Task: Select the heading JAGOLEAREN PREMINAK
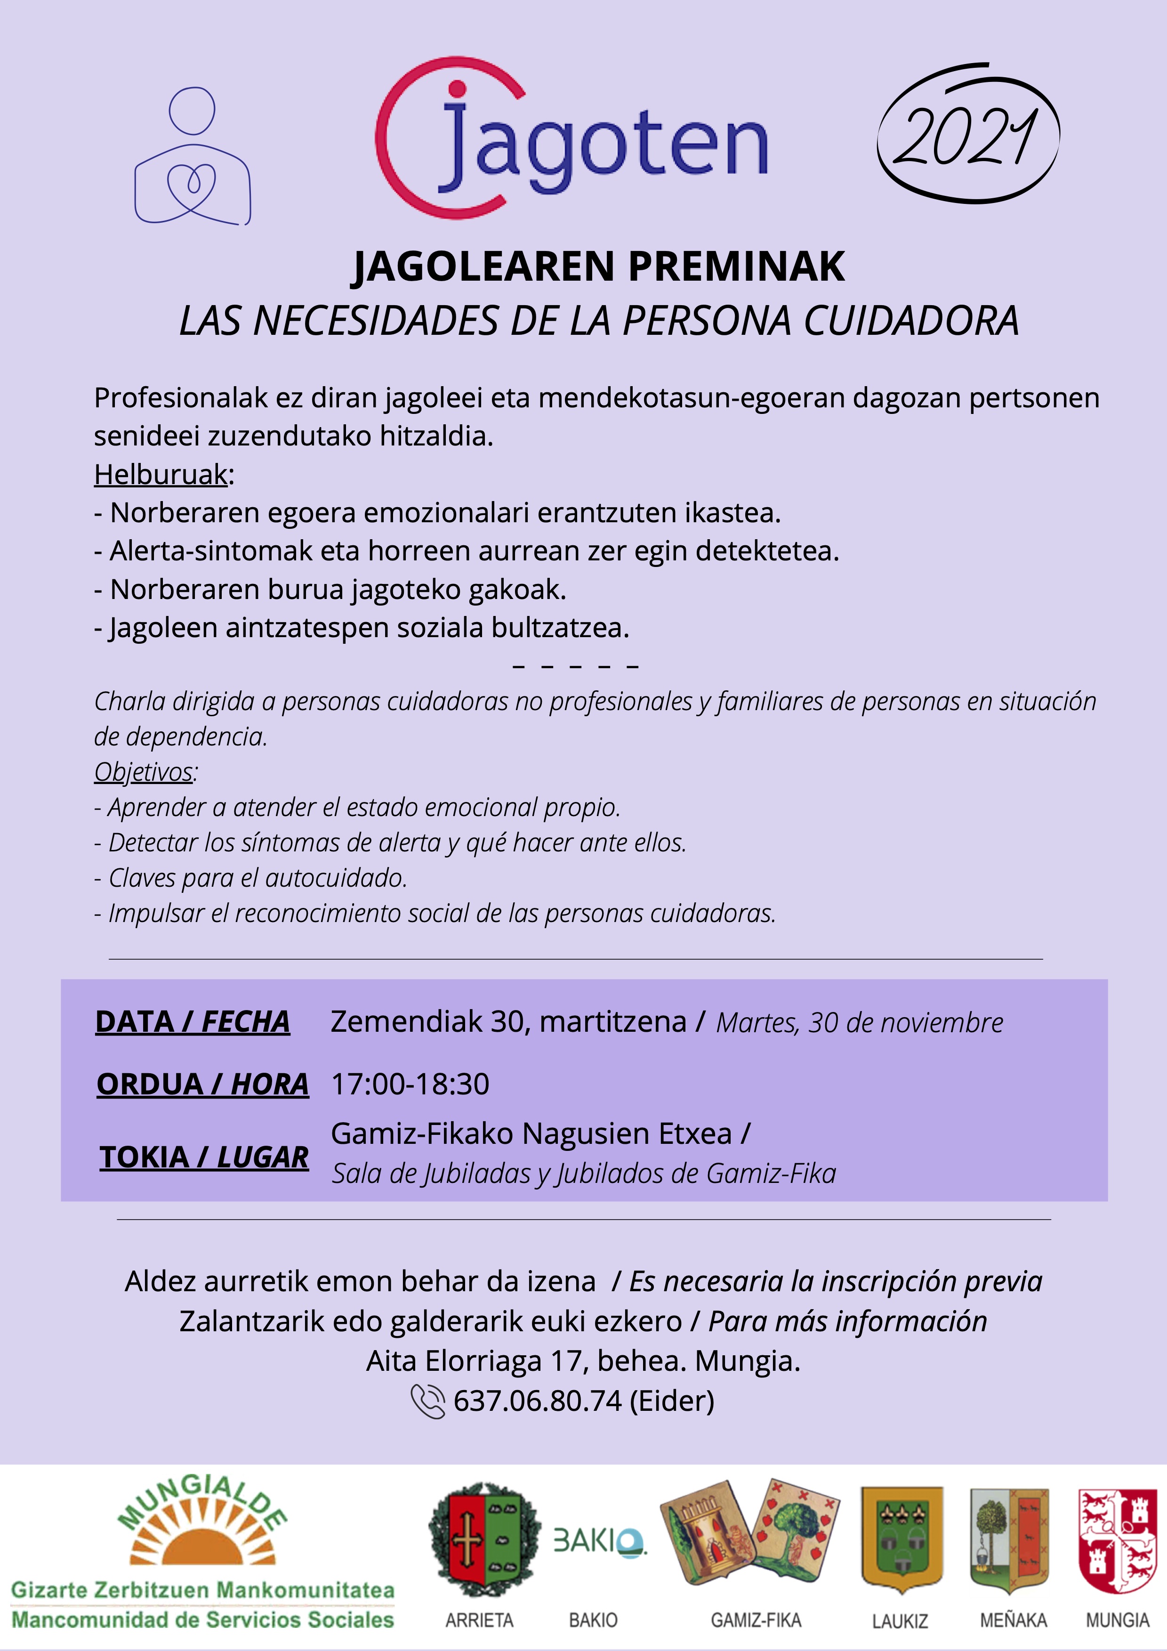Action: click(599, 267)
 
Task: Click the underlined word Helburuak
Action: click(161, 475)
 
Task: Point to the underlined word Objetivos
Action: click(144, 771)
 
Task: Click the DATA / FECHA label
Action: click(193, 1022)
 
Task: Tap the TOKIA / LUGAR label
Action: click(204, 1157)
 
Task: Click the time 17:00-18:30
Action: click(410, 1084)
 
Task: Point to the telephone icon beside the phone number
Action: click(428, 1401)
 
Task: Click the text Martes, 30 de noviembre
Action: click(859, 1022)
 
